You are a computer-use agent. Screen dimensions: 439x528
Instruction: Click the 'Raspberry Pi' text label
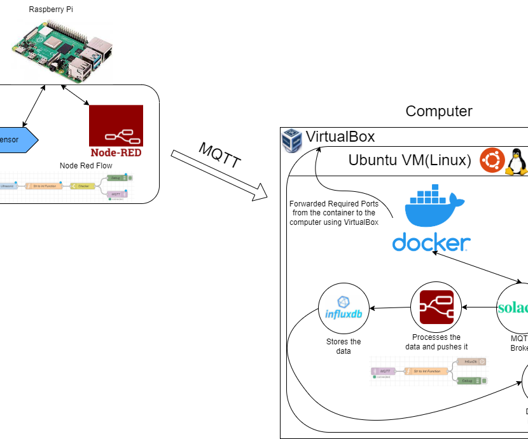coord(51,10)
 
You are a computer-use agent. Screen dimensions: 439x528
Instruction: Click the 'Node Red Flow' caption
coord(86,166)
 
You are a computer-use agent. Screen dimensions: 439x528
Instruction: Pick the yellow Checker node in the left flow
coord(83,186)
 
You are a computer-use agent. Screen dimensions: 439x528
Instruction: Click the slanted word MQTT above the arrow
coord(220,154)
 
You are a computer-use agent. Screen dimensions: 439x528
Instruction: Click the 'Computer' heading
coord(439,111)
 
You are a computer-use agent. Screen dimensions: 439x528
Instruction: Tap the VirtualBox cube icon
coord(292,140)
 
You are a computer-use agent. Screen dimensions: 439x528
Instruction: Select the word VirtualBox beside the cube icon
coord(340,137)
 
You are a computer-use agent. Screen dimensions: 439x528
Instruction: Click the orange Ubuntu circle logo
coord(492,160)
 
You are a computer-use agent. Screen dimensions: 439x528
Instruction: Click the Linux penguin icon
coord(517,161)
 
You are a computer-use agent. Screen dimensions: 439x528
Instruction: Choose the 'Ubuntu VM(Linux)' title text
coord(410,160)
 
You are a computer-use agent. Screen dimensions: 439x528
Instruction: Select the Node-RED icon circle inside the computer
coord(436,308)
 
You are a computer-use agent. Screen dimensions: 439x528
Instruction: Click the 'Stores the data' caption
coord(344,346)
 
